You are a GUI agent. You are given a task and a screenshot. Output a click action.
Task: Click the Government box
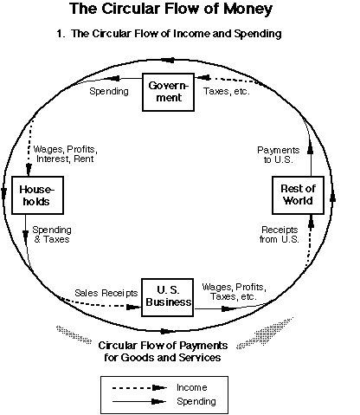168,92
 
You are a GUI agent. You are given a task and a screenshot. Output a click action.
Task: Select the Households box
37,195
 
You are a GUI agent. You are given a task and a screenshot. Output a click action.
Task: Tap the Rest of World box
298,195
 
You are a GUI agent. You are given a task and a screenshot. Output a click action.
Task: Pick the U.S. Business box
167,297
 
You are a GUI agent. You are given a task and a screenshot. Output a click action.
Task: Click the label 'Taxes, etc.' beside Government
227,91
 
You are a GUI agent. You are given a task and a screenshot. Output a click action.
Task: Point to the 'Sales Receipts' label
106,293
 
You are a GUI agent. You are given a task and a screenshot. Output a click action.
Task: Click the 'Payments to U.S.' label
279,155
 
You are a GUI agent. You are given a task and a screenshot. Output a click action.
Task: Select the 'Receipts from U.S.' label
280,234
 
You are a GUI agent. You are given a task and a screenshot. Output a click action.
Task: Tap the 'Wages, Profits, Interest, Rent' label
66,154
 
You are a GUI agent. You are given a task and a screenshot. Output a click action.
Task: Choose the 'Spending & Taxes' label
52,234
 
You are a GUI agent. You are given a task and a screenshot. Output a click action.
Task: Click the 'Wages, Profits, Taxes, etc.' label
234,292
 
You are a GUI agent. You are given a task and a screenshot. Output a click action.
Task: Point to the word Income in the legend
192,387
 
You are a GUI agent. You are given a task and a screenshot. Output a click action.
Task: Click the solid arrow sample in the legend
139,401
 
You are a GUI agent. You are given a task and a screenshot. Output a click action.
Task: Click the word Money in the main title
248,9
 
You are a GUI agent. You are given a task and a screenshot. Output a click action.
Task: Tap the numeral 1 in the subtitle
60,34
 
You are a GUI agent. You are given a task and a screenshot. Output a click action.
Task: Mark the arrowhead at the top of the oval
168,61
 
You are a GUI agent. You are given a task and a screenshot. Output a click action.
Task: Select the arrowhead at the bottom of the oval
167,331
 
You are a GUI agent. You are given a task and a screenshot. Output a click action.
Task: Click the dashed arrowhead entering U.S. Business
134,307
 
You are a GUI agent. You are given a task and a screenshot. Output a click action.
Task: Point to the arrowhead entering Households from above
29,169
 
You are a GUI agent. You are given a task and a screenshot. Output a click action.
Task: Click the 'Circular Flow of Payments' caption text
163,346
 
